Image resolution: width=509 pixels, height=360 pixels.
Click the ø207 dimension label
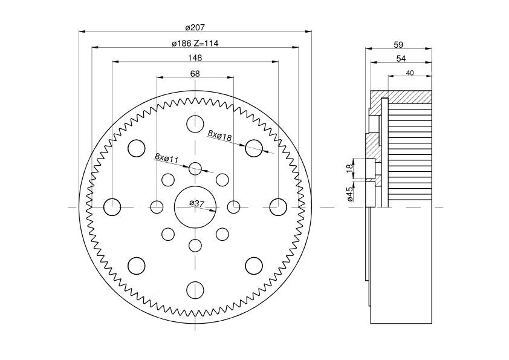tap(195, 27)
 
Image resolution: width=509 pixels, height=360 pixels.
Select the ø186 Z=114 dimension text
tap(195, 44)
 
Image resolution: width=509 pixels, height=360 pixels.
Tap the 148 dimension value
tap(195, 58)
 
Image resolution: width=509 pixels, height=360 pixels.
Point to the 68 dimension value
tap(195, 74)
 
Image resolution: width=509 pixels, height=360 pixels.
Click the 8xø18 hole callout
tap(220, 136)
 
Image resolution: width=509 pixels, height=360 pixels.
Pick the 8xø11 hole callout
tap(167, 159)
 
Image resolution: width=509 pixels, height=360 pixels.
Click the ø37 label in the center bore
tap(196, 203)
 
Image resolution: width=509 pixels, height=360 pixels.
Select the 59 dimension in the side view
tap(398, 44)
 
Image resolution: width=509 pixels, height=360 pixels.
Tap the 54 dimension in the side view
tap(400, 58)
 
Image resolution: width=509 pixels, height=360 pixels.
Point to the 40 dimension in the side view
tap(409, 73)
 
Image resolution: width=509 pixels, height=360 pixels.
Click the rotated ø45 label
tap(350, 193)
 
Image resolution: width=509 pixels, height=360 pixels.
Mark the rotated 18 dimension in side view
tap(349, 168)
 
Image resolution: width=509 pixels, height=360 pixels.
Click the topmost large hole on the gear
tap(195, 124)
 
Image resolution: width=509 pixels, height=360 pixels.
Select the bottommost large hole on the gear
tap(195, 290)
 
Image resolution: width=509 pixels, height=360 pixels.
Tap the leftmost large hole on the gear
tap(112, 207)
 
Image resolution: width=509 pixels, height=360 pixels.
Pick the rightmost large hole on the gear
tap(277, 207)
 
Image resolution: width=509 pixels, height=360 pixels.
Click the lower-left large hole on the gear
tap(136, 266)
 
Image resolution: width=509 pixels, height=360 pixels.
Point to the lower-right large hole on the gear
tap(253, 266)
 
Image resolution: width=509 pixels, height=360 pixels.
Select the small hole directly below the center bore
tap(195, 246)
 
